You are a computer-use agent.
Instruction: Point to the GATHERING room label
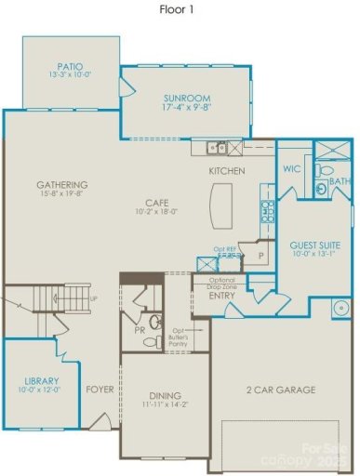[x=62, y=184]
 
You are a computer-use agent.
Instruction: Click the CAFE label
[x=155, y=202]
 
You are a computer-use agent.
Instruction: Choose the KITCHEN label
[x=226, y=171]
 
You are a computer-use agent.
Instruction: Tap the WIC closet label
[x=289, y=169]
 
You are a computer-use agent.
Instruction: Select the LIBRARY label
[x=42, y=381]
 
